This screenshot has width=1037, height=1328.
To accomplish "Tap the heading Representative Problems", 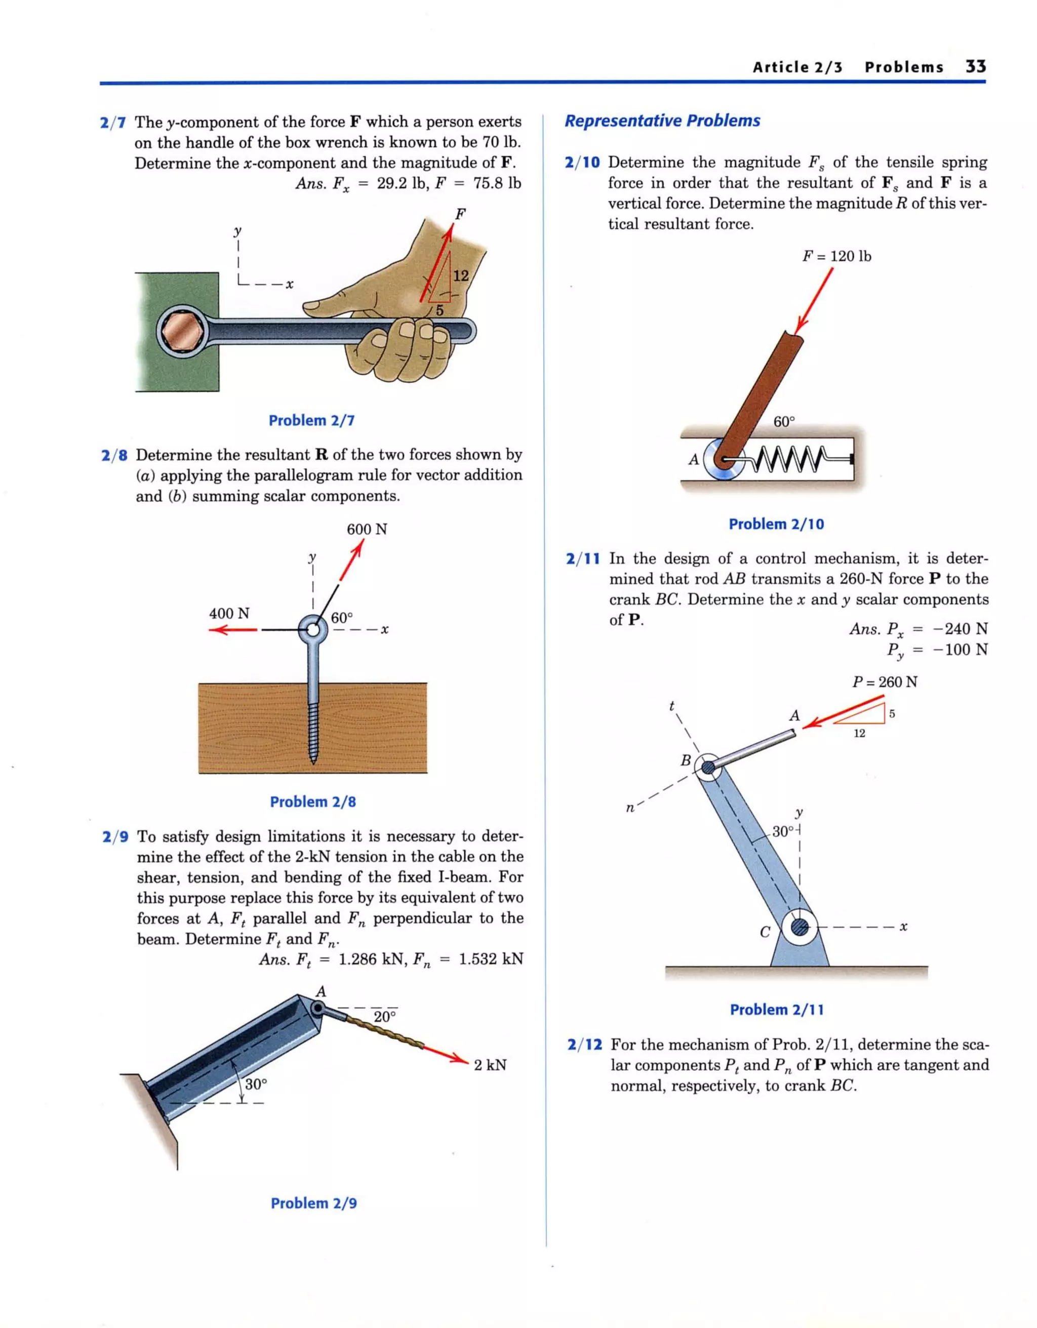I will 662,120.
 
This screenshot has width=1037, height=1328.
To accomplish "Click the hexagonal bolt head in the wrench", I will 182,332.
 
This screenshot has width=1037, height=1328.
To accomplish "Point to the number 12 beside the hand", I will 461,276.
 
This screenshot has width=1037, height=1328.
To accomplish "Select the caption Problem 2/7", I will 311,420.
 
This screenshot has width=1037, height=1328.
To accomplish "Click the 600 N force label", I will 367,529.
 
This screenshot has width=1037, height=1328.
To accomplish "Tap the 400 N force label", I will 229,613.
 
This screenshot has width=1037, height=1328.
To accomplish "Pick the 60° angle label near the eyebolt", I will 341,618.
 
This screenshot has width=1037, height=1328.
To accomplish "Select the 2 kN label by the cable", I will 490,1065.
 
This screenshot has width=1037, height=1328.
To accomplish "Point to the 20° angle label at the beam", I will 384,1017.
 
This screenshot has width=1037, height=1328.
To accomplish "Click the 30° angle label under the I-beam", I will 256,1083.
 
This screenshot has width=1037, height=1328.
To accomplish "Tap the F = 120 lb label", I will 836,256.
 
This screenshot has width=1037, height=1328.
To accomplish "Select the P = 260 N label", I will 884,681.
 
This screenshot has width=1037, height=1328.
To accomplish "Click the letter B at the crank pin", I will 686,760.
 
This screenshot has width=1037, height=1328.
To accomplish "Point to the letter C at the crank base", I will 765,932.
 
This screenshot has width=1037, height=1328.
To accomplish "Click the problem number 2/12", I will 584,1044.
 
